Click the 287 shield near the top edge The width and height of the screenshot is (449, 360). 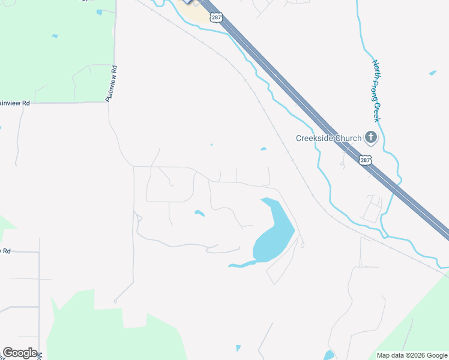point(217,18)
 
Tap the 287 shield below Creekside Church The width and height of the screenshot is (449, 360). point(366,160)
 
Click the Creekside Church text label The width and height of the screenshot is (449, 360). point(328,138)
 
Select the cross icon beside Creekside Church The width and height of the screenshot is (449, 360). point(371,138)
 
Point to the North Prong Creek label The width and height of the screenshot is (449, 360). point(377,90)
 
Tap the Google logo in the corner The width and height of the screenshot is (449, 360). point(20,353)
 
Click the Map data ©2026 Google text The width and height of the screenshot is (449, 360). point(411,355)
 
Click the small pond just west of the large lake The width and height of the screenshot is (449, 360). point(199,213)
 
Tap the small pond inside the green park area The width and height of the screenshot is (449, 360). point(55,36)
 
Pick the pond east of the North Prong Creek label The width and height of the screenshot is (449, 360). point(433,73)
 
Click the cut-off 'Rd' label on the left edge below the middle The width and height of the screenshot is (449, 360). point(6,251)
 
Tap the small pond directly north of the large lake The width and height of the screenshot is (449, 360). point(263,149)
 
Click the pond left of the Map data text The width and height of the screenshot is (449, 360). point(328,355)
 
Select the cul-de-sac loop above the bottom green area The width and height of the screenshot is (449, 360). point(115,301)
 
